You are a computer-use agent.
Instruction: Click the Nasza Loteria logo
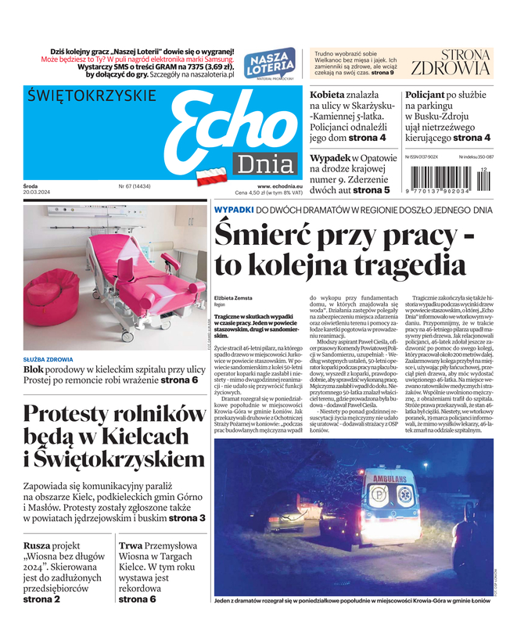270,63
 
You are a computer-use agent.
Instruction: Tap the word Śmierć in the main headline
266,235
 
